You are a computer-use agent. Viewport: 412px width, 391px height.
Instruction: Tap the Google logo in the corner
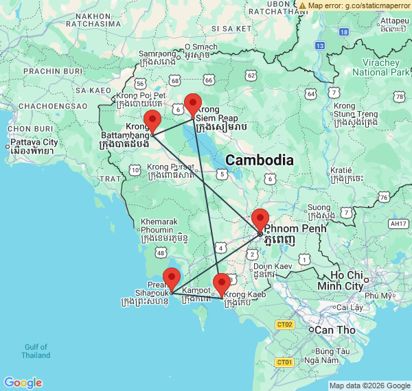pyautogui.click(x=23, y=382)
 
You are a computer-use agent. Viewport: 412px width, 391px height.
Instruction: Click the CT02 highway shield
pyautogui.click(x=284, y=324)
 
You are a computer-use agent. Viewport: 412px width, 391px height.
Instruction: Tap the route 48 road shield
pyautogui.click(x=160, y=253)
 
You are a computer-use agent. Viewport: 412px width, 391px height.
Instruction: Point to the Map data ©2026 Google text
pyautogui.click(x=369, y=386)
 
